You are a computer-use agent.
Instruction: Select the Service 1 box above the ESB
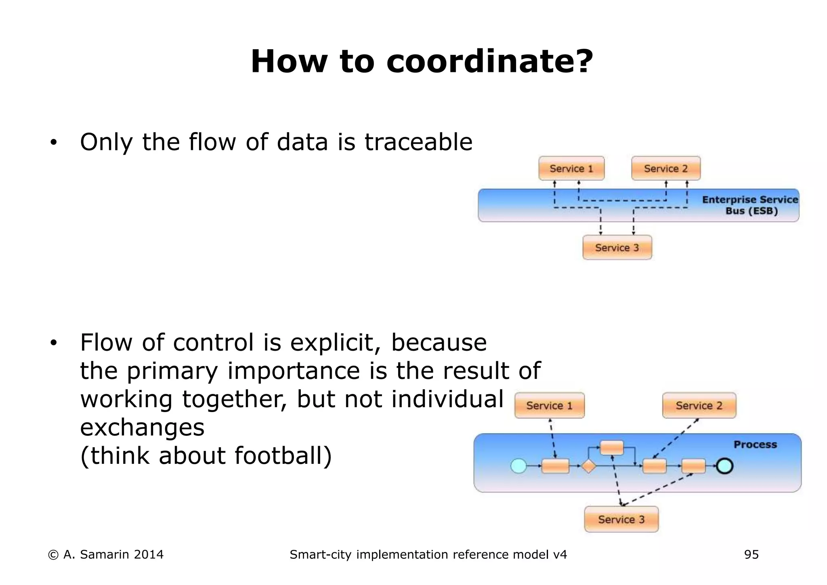(571, 168)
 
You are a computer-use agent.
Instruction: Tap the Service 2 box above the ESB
(665, 168)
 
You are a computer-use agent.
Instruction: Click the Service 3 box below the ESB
(617, 248)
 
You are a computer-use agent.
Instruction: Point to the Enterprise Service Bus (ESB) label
(750, 205)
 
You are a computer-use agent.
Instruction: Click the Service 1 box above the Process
(549, 406)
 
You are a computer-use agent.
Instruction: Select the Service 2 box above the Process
(699, 406)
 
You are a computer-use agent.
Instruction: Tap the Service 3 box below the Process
(621, 520)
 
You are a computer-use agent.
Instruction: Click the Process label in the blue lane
(755, 445)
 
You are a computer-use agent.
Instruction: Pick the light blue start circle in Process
(518, 466)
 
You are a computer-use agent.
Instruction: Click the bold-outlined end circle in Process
(725, 466)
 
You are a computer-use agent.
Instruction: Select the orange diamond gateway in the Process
(589, 466)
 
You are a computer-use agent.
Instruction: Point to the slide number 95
(751, 555)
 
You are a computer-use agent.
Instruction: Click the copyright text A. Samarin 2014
(106, 555)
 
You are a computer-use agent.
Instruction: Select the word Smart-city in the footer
(321, 555)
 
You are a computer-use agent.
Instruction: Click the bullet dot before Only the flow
(53, 143)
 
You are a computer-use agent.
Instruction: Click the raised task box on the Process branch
(612, 448)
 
